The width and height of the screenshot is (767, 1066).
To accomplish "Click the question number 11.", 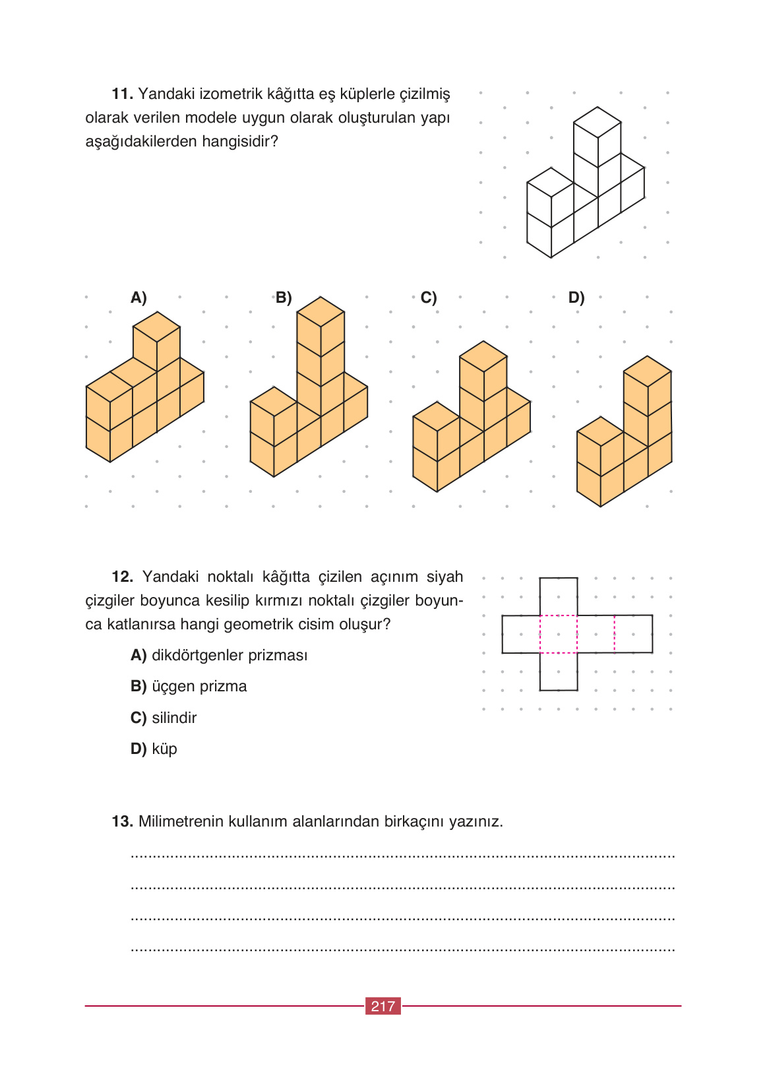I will pyautogui.click(x=122, y=94).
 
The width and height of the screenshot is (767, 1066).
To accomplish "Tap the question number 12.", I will pyautogui.click(x=122, y=577).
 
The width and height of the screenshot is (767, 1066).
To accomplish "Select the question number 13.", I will pyautogui.click(x=122, y=822).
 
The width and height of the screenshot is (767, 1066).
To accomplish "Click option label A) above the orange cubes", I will pyautogui.click(x=138, y=298).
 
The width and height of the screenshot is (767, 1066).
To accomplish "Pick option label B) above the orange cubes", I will pyautogui.click(x=284, y=298).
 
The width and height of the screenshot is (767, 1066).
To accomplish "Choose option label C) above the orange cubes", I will pyautogui.click(x=429, y=298).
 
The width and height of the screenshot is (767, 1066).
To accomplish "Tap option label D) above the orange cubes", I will pyautogui.click(x=576, y=298).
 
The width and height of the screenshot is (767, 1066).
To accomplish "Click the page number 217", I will pyautogui.click(x=383, y=1006).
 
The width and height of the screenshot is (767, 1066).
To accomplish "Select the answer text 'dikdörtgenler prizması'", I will pyautogui.click(x=230, y=656).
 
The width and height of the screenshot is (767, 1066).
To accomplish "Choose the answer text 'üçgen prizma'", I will pyautogui.click(x=199, y=687).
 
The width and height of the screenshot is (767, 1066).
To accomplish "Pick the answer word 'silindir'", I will pyautogui.click(x=174, y=718).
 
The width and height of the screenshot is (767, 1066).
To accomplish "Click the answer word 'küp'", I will pyautogui.click(x=164, y=749).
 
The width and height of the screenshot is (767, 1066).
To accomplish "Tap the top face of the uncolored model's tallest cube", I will pyautogui.click(x=598, y=122).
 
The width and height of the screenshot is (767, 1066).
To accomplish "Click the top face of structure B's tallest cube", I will pyautogui.click(x=321, y=311).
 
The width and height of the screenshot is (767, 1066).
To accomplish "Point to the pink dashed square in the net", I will pyautogui.click(x=559, y=635).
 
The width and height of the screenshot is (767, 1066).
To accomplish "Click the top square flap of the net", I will pyautogui.click(x=559, y=596).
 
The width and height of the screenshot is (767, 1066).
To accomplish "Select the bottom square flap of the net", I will pyautogui.click(x=559, y=672).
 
